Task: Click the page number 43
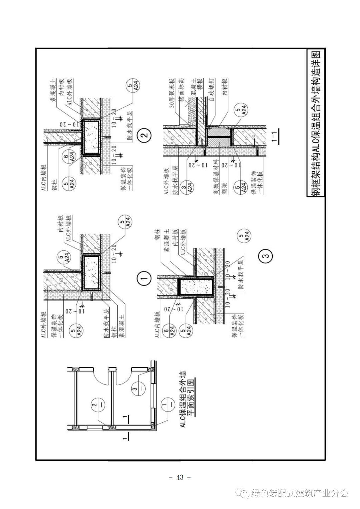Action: pyautogui.click(x=180, y=477)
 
